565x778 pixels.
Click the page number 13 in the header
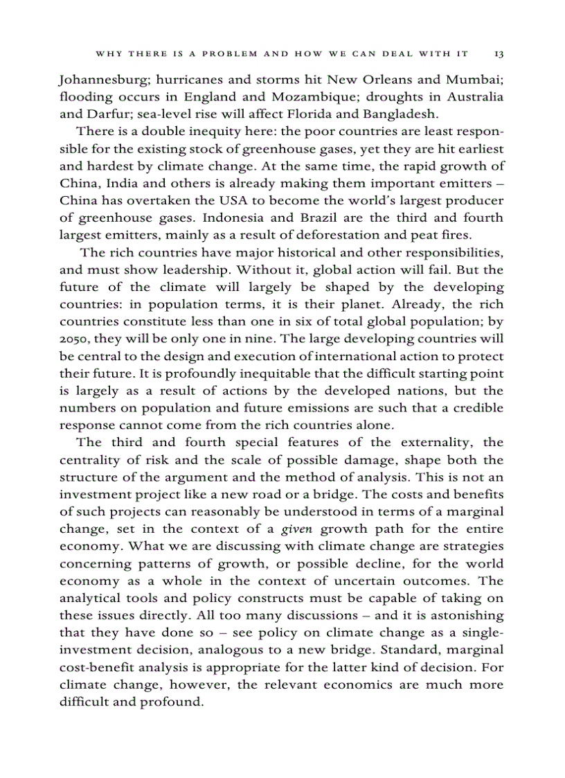coord(499,53)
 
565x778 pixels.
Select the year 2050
coord(74,339)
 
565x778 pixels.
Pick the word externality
coord(427,443)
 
